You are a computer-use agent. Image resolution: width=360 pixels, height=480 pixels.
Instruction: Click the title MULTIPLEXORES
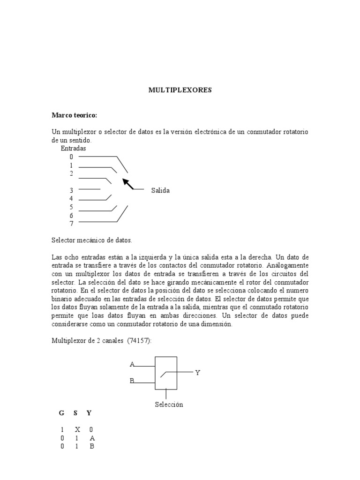[180, 90]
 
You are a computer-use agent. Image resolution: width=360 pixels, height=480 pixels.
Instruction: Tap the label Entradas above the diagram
[73, 148]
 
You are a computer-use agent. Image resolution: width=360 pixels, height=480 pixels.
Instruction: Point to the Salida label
[160, 190]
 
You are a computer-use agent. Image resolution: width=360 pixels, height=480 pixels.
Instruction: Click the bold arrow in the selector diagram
[127, 184]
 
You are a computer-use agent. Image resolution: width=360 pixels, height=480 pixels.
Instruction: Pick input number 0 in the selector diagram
[71, 157]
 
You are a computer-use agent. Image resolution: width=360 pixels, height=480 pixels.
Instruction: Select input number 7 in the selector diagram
[71, 224]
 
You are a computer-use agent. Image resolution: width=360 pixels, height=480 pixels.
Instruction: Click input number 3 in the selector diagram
[71, 190]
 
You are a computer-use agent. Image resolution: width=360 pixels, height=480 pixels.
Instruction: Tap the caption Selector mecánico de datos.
[92, 240]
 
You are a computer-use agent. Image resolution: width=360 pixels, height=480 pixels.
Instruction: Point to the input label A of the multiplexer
[132, 364]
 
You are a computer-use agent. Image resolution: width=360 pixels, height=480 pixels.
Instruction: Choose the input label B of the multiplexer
[132, 381]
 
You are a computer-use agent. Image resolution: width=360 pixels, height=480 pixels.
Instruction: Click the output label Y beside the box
[198, 373]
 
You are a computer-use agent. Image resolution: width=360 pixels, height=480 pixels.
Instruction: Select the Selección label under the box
[169, 404]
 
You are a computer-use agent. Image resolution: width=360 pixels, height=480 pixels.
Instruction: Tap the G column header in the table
[61, 413]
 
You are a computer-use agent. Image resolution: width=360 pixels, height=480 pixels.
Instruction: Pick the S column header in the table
[75, 413]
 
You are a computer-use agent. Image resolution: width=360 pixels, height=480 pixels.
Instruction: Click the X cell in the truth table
[77, 429]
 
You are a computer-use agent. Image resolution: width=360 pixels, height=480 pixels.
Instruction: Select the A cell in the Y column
[92, 438]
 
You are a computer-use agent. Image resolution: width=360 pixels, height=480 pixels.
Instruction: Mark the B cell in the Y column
[92, 446]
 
